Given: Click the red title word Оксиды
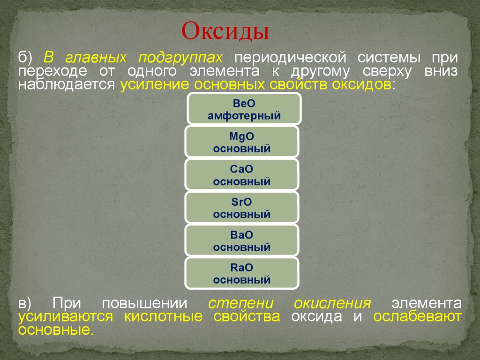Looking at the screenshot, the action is tap(225, 31).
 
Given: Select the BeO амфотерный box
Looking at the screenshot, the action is tap(244, 109).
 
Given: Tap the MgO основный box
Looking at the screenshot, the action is tap(242, 142).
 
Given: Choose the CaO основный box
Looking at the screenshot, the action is tap(242, 175).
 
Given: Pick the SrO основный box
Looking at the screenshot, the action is tap(242, 208).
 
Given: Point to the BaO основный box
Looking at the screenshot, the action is tap(242, 240).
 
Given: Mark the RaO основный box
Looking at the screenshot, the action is tap(242, 273).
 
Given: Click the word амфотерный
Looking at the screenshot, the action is tap(244, 116).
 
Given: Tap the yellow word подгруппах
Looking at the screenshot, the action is tap(180, 58).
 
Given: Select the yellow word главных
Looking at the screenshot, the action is tap(96, 58).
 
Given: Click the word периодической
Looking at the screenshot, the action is tap(290, 58).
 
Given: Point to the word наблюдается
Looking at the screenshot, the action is tap(67, 84).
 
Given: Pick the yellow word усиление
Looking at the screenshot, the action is tap(155, 85).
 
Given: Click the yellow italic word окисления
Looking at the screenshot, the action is tap(332, 303).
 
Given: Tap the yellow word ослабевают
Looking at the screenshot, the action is tap(417, 316).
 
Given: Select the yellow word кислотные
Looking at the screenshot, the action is tap(164, 316).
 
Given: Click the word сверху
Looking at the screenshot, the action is tap(387, 71).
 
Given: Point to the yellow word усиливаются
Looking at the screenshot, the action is tap(66, 316).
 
